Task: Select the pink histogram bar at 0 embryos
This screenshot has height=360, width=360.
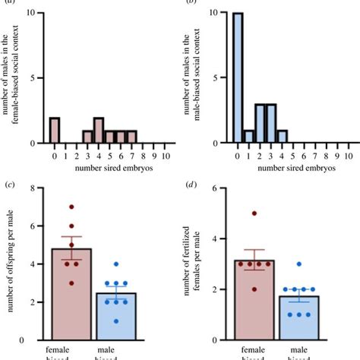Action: pyautogui.click(x=55, y=130)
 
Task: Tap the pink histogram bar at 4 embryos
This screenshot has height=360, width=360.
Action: pyautogui.click(x=99, y=130)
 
